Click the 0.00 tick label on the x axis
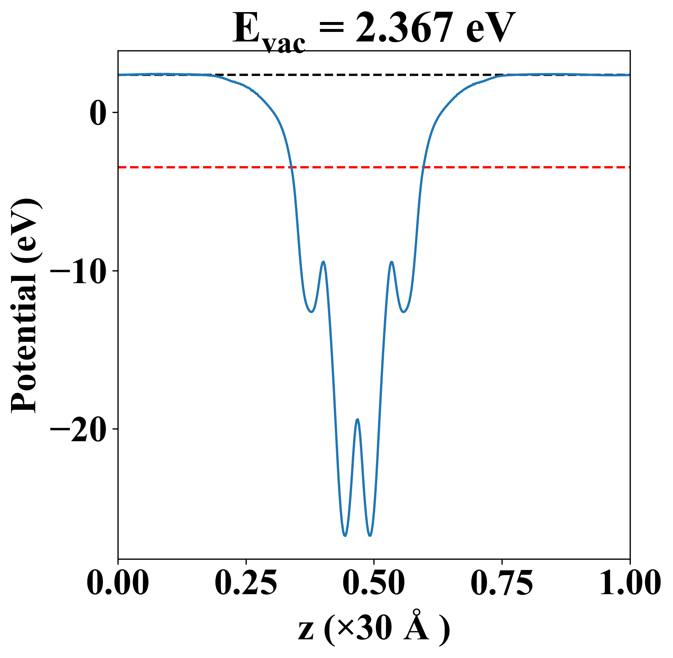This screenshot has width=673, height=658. coord(118,582)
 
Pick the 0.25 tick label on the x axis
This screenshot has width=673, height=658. coord(246,582)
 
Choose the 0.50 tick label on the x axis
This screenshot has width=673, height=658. coord(374,582)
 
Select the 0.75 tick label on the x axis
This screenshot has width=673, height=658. coord(502,582)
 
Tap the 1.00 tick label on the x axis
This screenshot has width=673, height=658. coord(629,582)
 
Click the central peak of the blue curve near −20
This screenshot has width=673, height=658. coord(357,419)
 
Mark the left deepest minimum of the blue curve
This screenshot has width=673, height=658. coord(345,536)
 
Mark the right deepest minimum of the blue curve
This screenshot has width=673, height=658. coord(370,536)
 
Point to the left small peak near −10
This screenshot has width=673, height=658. coord(323,262)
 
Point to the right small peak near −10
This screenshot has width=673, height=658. coord(392,262)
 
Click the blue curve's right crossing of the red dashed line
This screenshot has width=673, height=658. coord(423,167)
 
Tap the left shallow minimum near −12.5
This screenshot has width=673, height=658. coord(311,312)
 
